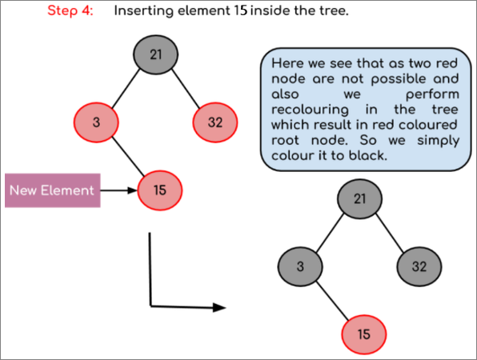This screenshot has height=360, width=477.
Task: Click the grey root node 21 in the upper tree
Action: click(155, 54)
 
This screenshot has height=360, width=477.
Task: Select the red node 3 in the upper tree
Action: click(96, 122)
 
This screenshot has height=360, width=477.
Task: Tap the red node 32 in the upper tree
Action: click(215, 122)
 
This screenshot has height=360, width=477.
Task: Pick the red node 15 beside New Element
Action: click(160, 190)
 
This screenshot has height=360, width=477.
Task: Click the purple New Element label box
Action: click(53, 190)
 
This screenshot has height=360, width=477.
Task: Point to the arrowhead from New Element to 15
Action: click(133, 190)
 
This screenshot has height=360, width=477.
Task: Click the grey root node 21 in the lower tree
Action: click(359, 199)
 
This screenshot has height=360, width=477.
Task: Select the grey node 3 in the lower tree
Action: click(300, 266)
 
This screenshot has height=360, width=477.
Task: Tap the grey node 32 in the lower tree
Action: click(419, 266)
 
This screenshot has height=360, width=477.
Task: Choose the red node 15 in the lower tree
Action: click(364, 334)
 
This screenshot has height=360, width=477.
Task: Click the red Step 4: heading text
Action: click(70, 11)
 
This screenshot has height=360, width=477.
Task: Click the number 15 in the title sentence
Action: click(241, 11)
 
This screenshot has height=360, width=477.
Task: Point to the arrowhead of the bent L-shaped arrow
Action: click(219, 307)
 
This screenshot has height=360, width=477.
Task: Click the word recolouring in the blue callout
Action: click(310, 110)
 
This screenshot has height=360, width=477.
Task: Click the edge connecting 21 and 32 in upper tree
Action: click(186, 89)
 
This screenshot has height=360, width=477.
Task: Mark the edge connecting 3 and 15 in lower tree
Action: click(332, 301)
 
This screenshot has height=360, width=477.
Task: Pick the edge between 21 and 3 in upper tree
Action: click(126, 89)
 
